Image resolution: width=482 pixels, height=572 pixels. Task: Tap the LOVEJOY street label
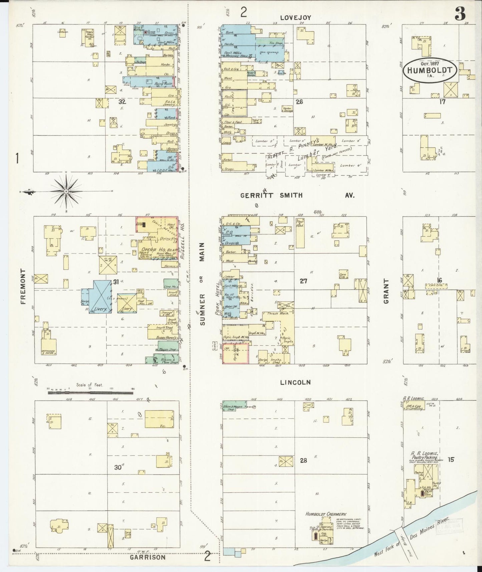point(295,18)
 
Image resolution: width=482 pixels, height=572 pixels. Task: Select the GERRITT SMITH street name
point(272,196)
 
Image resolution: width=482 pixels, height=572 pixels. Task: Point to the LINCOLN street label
point(295,382)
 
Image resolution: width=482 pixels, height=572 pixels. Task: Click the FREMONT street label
point(23,286)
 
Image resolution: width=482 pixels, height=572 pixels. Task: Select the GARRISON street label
point(148,557)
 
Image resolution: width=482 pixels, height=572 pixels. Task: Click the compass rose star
point(66,191)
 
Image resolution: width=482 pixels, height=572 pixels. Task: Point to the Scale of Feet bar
point(90,393)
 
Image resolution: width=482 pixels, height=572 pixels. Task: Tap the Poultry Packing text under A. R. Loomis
point(426,458)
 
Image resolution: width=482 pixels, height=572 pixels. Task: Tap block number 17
point(442,102)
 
